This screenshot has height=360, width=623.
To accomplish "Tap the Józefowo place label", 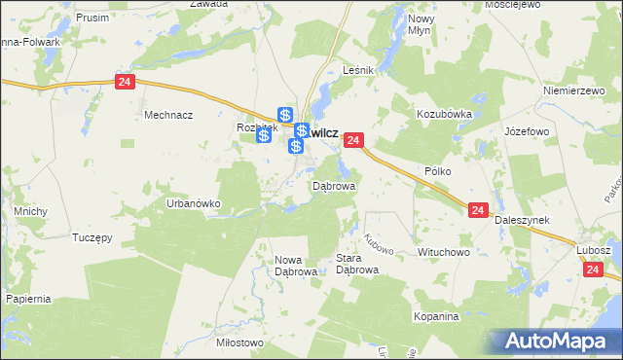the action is point(529,130).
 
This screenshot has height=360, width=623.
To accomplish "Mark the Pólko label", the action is point(439,170).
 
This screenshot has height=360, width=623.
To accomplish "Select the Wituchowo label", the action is point(444,252).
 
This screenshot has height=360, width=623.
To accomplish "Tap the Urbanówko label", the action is point(194,203).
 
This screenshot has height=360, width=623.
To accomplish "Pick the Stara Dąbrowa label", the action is point(355,265).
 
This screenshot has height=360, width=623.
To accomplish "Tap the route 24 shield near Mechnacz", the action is point(124,83).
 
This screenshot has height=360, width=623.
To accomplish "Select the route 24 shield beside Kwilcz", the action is point(353,141).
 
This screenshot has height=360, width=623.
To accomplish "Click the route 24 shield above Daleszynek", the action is point(477,210).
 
